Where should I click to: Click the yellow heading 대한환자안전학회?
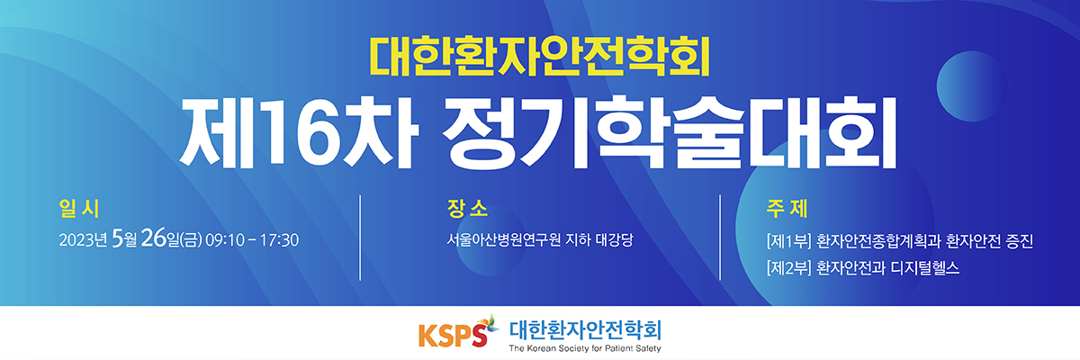pos(540,57)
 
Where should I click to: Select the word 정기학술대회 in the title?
pos(670,131)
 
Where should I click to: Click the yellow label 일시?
pos(79,209)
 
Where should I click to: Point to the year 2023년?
pos(83,240)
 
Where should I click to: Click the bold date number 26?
pos(153,238)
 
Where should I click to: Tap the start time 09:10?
pos(225,240)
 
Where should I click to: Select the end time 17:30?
pos(279,240)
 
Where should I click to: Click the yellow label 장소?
pos(467,209)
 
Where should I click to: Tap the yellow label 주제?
pos(787,209)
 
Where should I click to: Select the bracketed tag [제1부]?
pos(788,241)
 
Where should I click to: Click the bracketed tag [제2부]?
pos(788,268)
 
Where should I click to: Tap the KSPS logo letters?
pos(452,336)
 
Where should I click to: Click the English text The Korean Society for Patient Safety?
pos(585,348)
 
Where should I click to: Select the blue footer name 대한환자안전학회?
pos(585,330)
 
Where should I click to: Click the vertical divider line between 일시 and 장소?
pos(360,238)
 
